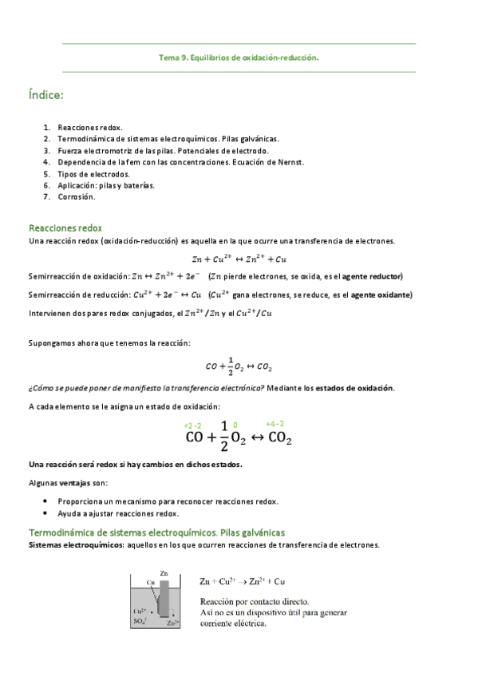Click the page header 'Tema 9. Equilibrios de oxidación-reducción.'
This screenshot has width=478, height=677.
coord(239,57)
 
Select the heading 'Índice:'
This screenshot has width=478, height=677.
coord(45,96)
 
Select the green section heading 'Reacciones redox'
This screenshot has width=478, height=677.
coord(65,228)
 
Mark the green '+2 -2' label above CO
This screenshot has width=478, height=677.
coord(192,426)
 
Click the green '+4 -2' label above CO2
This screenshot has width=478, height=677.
coord(275,424)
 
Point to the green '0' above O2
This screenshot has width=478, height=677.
coord(235,426)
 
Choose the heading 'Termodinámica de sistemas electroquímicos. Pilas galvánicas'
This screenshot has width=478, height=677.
coord(157,532)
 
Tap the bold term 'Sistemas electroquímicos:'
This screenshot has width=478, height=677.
coord(67,545)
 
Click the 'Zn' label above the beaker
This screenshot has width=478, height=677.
coord(164,573)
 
